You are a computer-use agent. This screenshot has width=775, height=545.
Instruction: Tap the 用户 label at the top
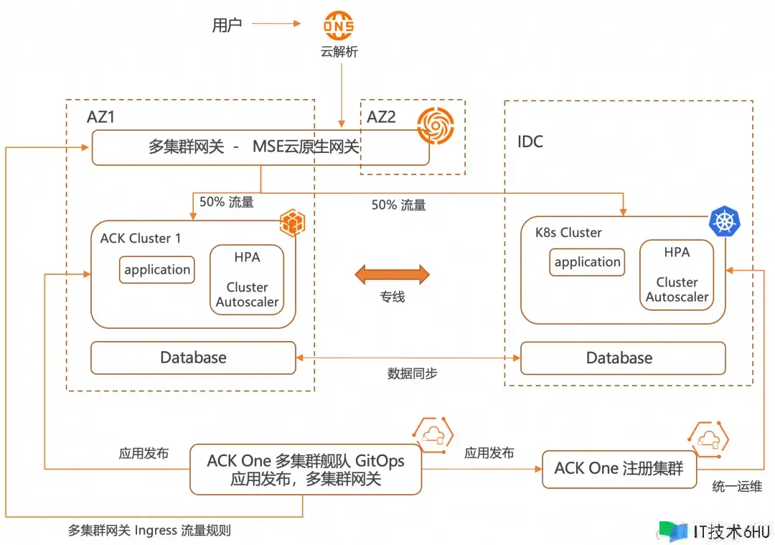coord(227,24)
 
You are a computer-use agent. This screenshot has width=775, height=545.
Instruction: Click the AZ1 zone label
coord(100,117)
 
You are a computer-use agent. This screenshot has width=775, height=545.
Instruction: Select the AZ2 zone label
coord(381,116)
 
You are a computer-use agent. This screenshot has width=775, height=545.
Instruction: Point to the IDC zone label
coord(530,141)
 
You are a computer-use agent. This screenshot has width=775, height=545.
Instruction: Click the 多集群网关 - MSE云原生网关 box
coord(259,147)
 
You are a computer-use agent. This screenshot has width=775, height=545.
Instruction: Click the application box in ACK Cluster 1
coord(157,270)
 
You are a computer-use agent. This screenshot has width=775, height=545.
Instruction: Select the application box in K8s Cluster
coord(588,262)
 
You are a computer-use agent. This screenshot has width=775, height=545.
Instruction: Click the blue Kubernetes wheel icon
coord(724,221)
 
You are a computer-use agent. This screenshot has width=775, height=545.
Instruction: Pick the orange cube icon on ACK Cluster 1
coord(291,222)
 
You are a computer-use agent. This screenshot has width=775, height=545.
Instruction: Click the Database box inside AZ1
coord(193,358)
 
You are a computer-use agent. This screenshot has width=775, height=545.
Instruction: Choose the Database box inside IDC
coord(622,358)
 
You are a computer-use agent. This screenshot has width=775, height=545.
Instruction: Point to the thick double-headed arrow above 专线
coord(393,274)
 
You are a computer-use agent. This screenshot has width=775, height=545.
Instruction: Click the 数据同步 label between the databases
coord(412,373)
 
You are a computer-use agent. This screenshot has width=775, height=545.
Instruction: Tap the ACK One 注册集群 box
coord(619,469)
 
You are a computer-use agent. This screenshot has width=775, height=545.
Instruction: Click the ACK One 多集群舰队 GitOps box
coord(306,470)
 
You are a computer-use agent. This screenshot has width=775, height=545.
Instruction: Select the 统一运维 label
coord(737,486)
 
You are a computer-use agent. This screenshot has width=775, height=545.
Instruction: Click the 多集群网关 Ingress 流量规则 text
coord(149,531)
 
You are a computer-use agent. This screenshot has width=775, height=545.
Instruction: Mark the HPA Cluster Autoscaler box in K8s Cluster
coord(677,275)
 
